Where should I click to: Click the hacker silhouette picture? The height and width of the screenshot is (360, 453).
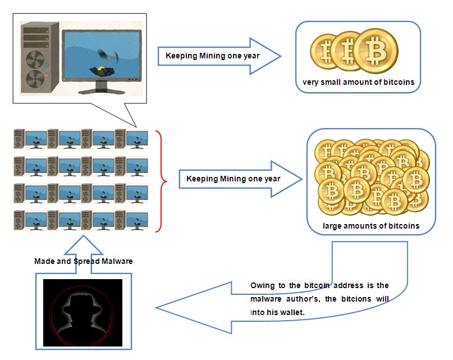tap(83, 312)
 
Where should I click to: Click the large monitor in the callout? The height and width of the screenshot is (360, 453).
tap(102, 53)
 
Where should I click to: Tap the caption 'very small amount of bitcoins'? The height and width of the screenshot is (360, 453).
tap(358, 83)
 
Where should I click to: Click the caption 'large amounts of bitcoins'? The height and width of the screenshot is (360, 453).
tap(371, 226)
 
